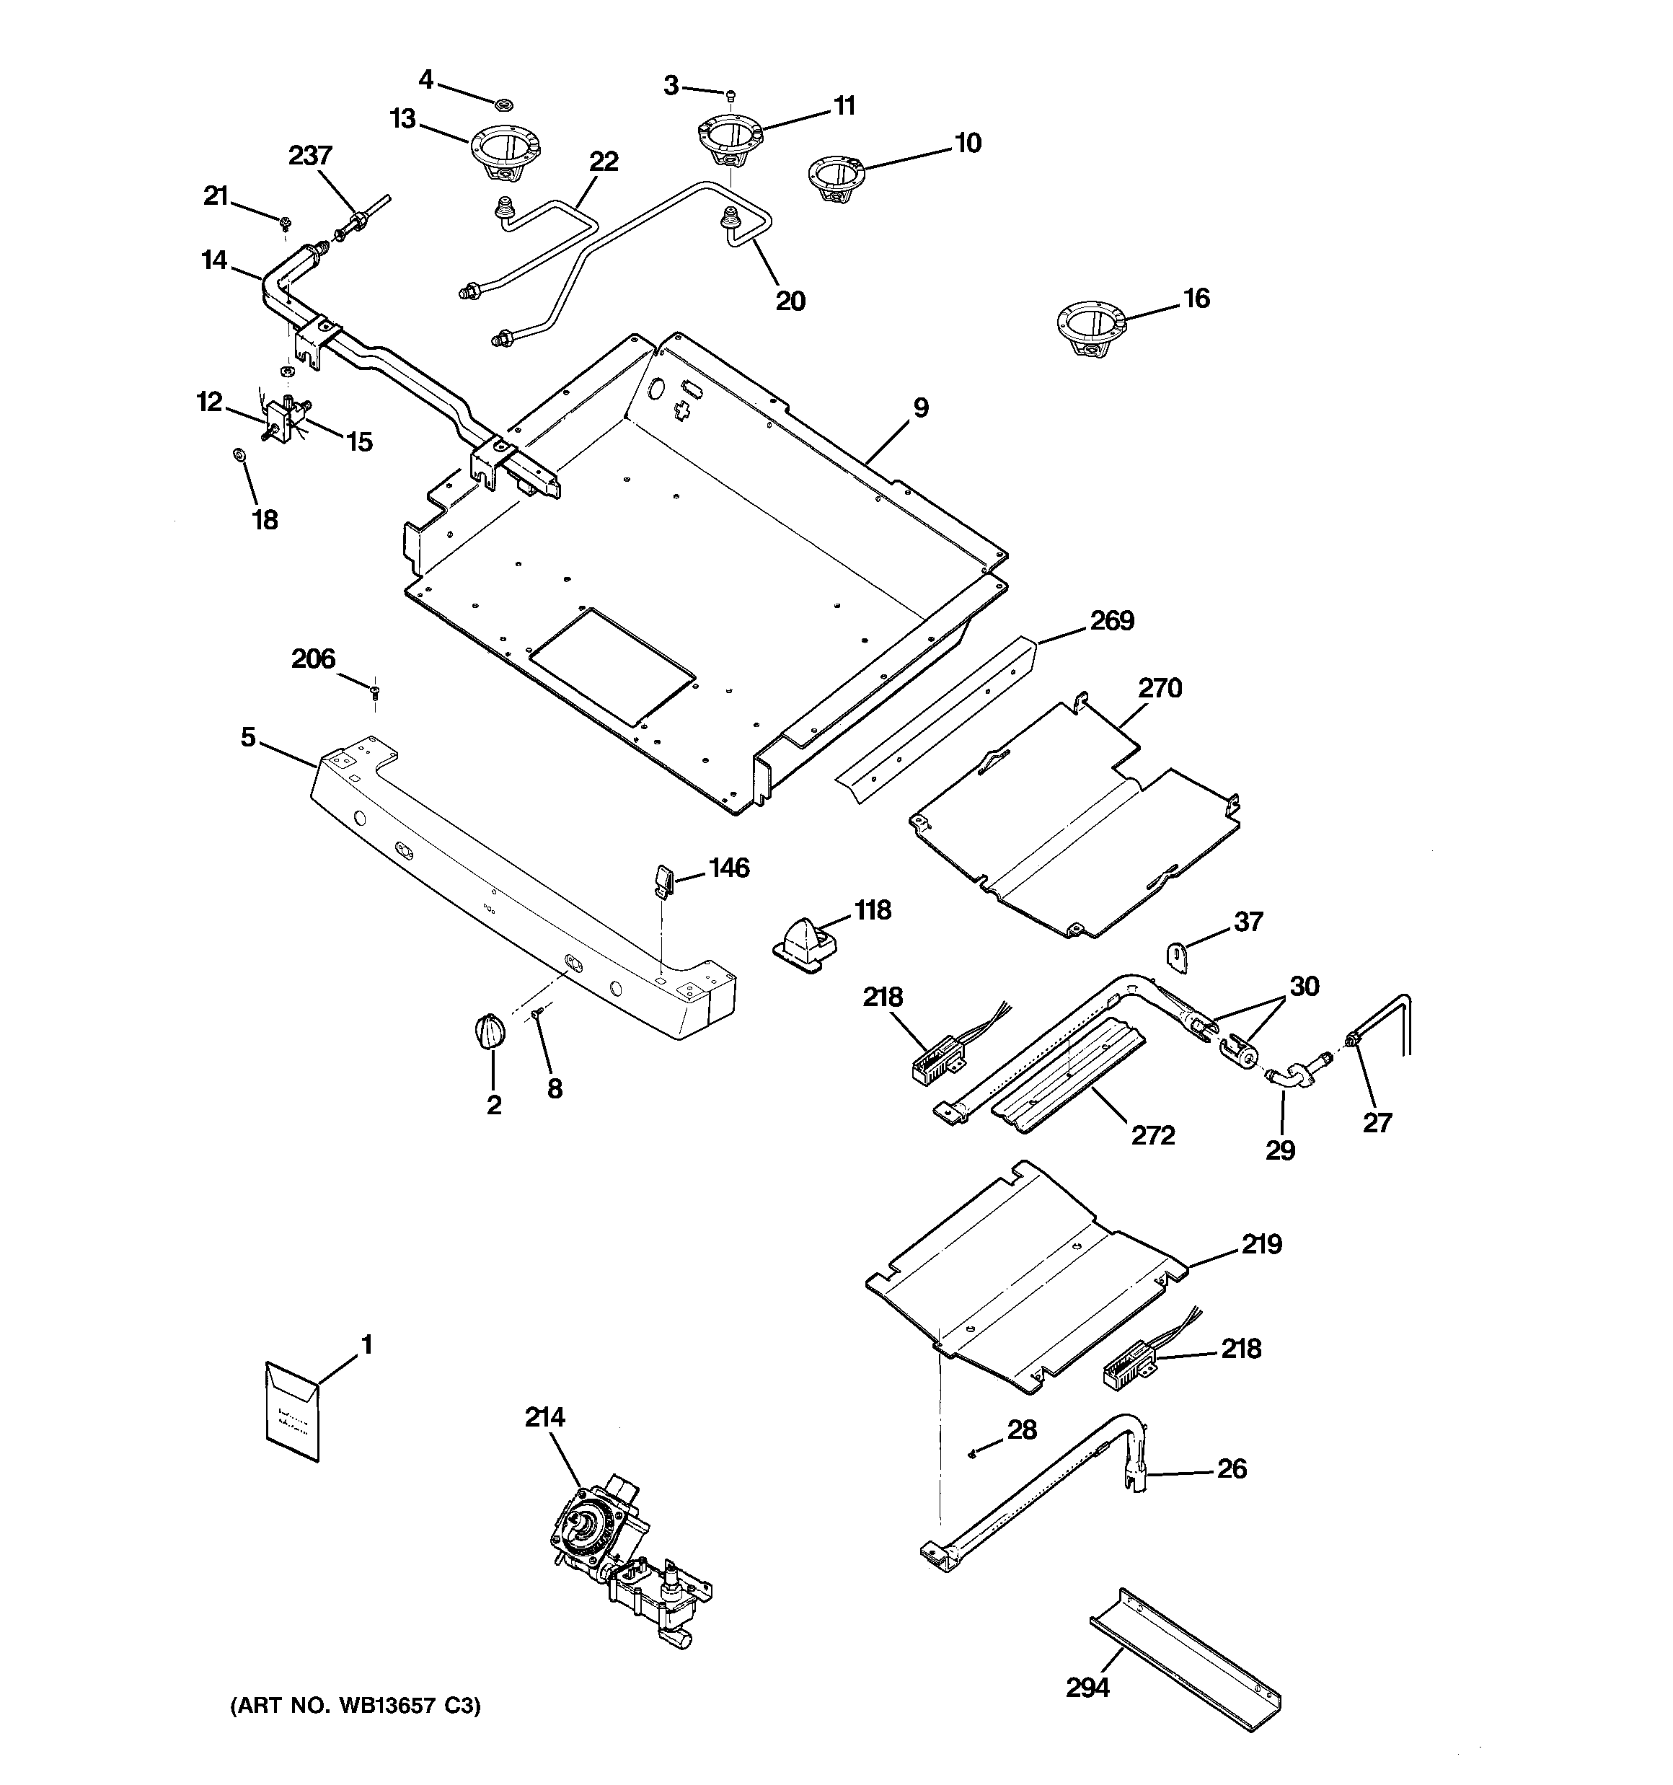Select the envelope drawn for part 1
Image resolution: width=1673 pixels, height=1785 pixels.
point(293,1418)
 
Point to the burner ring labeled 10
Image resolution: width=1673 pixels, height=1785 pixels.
point(834,177)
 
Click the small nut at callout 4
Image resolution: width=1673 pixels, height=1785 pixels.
point(504,104)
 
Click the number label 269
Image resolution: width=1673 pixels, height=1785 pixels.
point(1112,620)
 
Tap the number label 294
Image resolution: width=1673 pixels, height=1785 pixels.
point(1087,1688)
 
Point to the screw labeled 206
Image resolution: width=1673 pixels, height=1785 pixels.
point(374,689)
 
